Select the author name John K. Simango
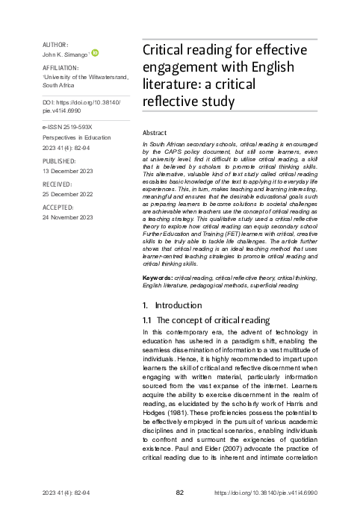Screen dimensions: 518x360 click(65, 54)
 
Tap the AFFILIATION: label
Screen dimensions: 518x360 click(62, 68)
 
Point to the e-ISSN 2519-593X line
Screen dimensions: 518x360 click(69, 128)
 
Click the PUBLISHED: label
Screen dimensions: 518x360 click(60, 159)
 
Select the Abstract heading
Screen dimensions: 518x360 click(154, 131)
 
